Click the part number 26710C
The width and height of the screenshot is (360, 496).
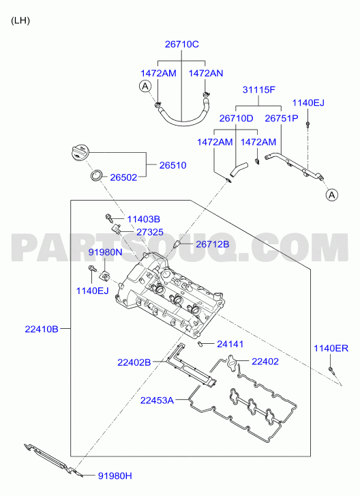(182, 44)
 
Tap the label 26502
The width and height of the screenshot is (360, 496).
(123, 177)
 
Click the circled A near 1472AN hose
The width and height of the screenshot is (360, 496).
(145, 86)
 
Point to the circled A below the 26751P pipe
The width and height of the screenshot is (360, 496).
(332, 195)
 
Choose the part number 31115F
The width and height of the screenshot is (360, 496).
(259, 90)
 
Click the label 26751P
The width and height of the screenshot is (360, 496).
(282, 118)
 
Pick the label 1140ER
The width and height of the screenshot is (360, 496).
(331, 348)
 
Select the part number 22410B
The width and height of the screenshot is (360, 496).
(42, 329)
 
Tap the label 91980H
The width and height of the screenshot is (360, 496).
(115, 476)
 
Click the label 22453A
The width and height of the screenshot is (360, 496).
(157, 400)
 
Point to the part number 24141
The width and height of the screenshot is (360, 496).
(230, 344)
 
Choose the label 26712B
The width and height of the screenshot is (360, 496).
(213, 244)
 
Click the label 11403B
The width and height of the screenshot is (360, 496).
(143, 219)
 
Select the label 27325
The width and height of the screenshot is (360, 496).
(150, 232)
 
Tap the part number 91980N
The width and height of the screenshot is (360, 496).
(105, 252)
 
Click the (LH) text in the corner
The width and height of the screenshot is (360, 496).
(20, 20)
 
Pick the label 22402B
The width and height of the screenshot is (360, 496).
(134, 362)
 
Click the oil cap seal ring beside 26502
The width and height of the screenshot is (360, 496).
(97, 175)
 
